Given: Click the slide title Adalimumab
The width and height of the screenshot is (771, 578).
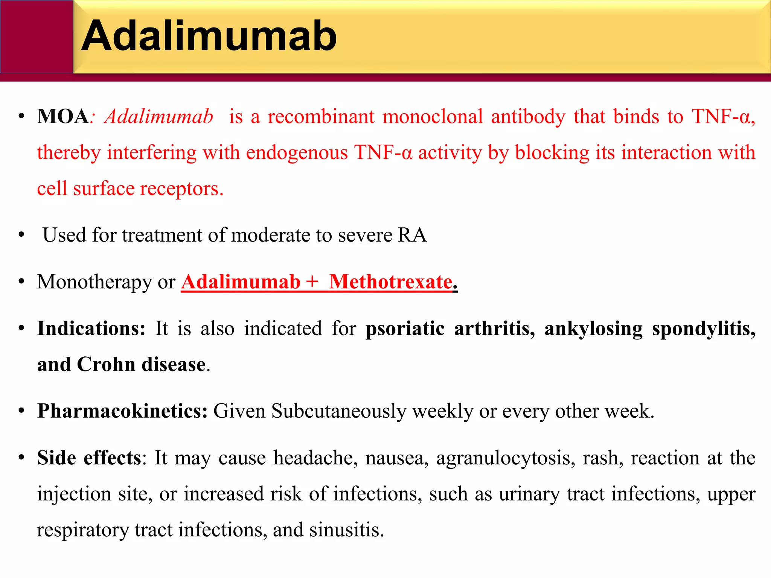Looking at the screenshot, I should [209, 36].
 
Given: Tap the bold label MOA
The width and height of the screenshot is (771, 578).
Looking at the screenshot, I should [63, 116].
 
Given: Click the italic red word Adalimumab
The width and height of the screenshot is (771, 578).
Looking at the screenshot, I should [159, 116].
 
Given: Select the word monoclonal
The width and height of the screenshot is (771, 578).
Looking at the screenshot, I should [433, 116].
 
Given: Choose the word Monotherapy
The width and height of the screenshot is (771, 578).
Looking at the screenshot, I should [94, 282].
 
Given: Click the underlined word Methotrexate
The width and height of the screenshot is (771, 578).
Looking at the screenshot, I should [391, 282].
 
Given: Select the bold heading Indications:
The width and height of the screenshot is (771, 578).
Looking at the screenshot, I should [91, 329].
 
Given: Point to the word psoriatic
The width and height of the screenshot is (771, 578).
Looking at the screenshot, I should [405, 329].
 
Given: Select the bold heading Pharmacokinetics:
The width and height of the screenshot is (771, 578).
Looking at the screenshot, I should [122, 411].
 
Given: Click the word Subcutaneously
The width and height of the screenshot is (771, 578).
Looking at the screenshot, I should [339, 411].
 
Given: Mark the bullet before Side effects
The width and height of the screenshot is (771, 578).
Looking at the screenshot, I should [22, 458].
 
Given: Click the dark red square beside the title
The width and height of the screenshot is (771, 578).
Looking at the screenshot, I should [37, 37].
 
